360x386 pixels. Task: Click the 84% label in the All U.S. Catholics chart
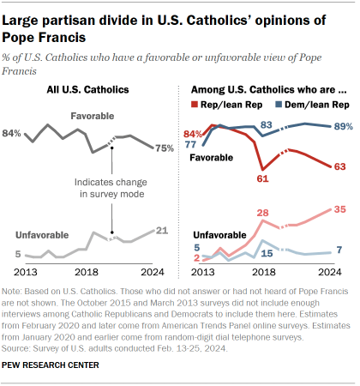(x=13, y=134)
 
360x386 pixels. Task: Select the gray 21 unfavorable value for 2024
(x=164, y=230)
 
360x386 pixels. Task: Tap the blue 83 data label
(x=267, y=125)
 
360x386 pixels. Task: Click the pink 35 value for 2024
(x=339, y=208)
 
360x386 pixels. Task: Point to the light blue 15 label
(x=267, y=255)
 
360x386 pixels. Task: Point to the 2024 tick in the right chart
(x=329, y=272)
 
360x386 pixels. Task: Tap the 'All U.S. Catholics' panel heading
(x=94, y=89)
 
